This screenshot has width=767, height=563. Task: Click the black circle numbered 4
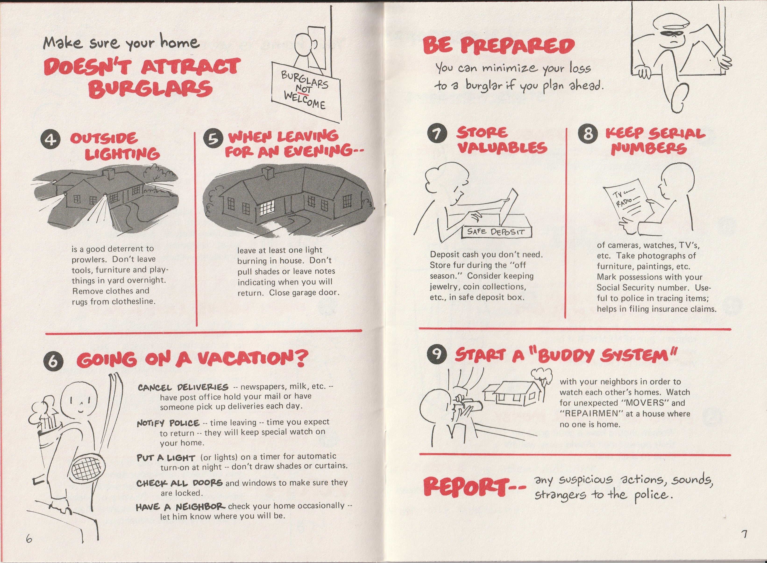click(51, 140)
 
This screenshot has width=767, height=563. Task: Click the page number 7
click(745, 534)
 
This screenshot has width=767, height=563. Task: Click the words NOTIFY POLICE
click(168, 423)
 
